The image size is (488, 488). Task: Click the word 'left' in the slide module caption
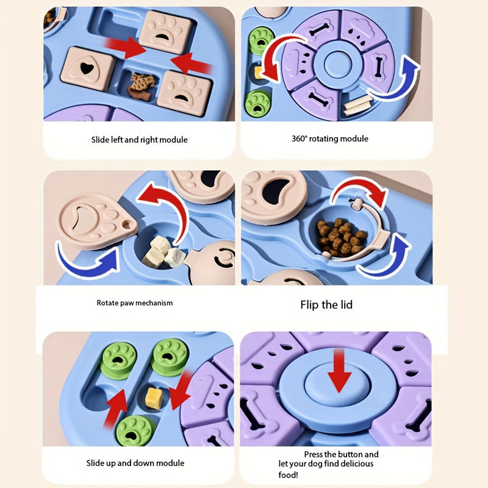[117, 140]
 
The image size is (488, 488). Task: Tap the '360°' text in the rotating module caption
[299, 138]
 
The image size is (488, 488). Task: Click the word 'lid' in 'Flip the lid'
[346, 304]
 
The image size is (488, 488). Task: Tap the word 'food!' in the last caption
[288, 475]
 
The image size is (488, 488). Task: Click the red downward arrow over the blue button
[339, 370]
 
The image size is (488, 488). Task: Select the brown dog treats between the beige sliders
[142, 87]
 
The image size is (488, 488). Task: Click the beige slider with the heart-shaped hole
[87, 68]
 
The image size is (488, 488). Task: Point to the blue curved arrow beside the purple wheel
[394, 79]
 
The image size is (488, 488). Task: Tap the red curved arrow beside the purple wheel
[278, 57]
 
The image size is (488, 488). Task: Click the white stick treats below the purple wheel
[358, 105]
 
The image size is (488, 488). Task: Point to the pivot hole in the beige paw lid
[127, 224]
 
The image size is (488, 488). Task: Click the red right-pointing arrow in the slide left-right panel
[126, 48]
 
